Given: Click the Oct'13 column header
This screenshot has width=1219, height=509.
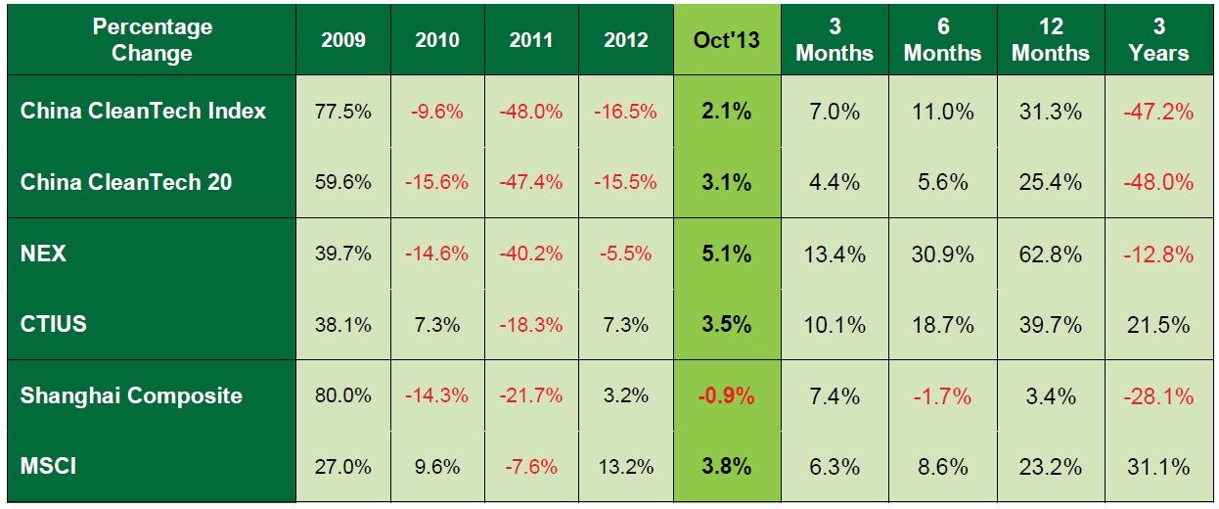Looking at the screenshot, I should click(x=726, y=41).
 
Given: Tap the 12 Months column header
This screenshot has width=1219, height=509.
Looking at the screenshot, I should click(x=1050, y=40).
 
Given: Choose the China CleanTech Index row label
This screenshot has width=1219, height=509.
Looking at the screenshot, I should click(x=143, y=111).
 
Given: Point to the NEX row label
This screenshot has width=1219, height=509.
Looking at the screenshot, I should click(x=43, y=254).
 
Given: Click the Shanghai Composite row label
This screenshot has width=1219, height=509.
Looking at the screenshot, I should click(x=131, y=395).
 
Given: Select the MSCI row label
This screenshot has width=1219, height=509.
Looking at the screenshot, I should click(x=48, y=466).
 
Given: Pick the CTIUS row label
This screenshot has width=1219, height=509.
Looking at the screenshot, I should click(x=53, y=323).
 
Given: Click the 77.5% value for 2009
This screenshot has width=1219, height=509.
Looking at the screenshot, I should click(x=342, y=112).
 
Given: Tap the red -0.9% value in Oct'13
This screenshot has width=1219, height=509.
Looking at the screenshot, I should click(x=726, y=395).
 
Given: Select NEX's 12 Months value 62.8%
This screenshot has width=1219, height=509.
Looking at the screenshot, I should click(x=1050, y=254).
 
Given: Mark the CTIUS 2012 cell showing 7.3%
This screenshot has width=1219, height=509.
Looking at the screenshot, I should click(x=625, y=324).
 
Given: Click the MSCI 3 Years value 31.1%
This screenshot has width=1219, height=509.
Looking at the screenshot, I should click(x=1159, y=467).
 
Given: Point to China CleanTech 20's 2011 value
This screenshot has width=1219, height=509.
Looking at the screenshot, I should click(x=531, y=182).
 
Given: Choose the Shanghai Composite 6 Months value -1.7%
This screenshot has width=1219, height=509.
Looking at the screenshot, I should click(x=942, y=395).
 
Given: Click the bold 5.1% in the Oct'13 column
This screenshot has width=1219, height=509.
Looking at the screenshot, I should click(x=726, y=254).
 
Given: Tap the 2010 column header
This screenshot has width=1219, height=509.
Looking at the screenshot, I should click(x=436, y=41).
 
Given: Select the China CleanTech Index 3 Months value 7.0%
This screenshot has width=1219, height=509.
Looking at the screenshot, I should click(x=835, y=112).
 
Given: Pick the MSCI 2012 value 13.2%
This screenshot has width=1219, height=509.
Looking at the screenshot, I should click(x=625, y=467).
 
